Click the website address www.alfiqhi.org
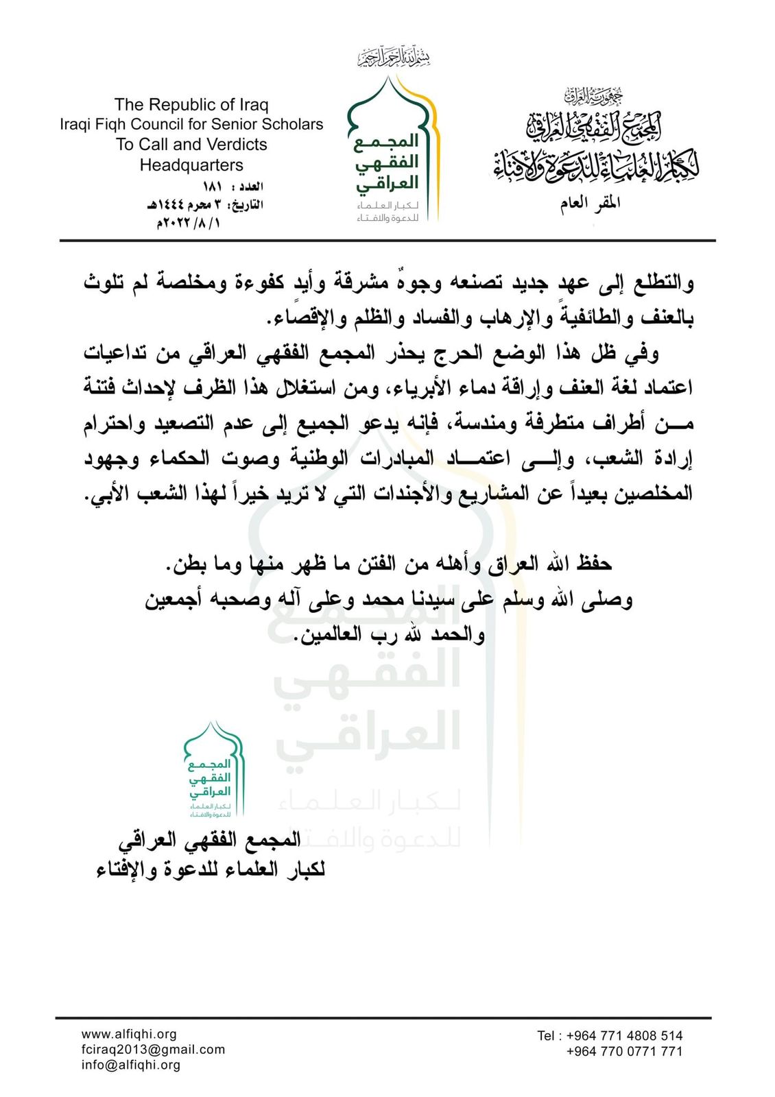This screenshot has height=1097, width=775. pos(129,1034)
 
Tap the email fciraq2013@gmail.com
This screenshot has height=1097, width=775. pos(153,1049)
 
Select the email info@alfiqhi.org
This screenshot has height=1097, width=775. pos(131,1065)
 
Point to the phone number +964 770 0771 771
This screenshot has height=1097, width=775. pos(624,1051)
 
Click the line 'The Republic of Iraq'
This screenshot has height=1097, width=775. pos(191,105)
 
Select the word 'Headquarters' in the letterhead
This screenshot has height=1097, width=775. pos(191,165)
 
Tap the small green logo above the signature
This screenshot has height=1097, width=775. pos(213,771)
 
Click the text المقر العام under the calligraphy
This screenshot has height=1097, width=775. pos(590,204)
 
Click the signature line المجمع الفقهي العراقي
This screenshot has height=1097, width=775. pos(210,839)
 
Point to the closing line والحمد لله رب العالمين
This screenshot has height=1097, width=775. pos(390,635)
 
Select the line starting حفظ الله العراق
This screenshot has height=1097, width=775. pos(388,564)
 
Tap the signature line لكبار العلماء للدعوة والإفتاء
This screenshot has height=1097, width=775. pos(211,869)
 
